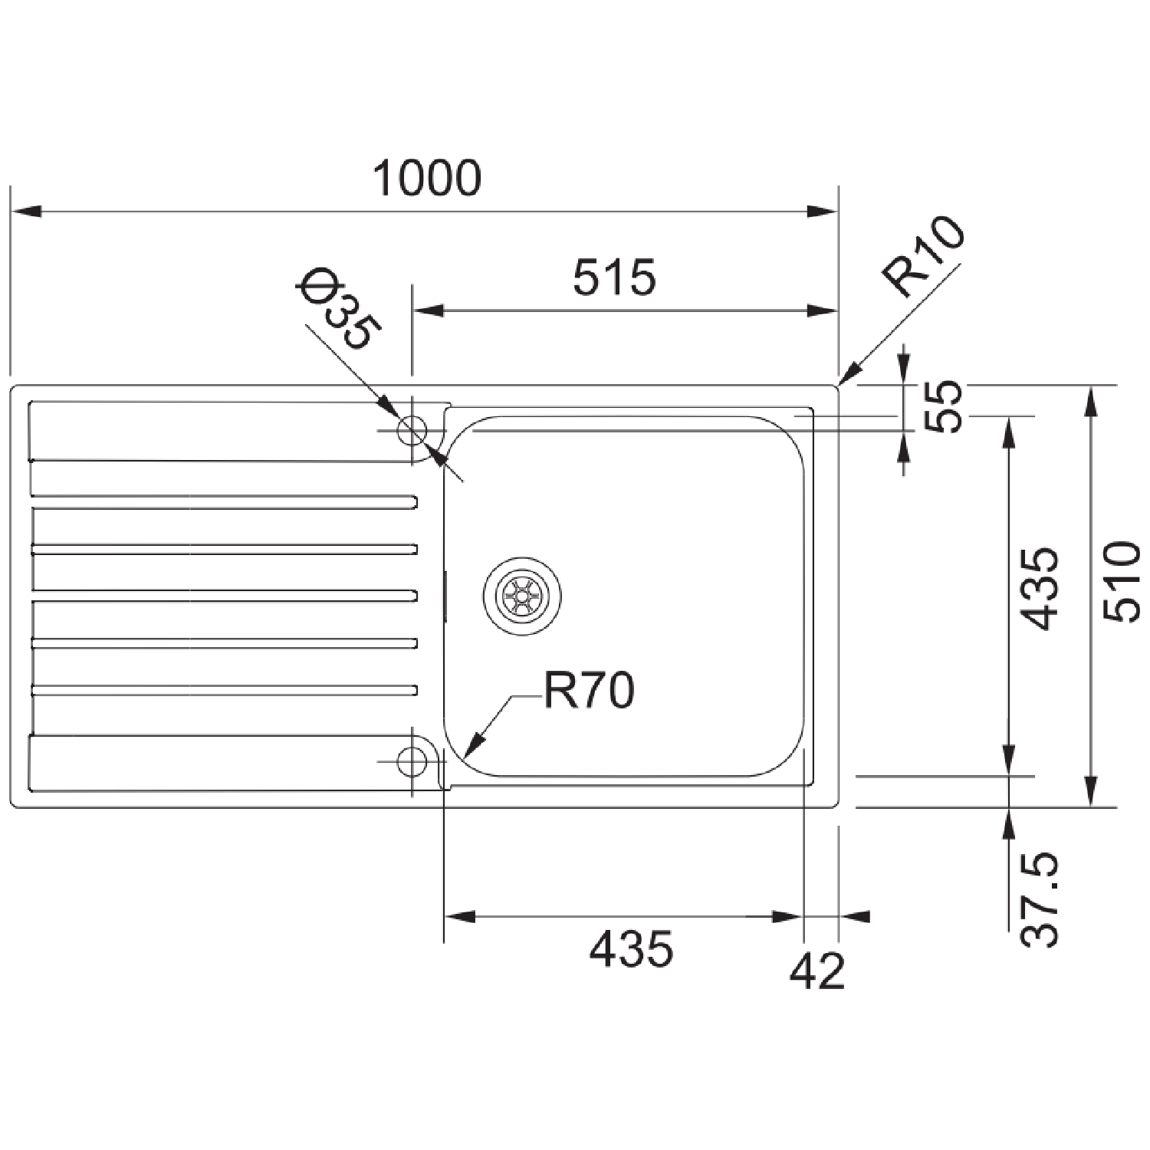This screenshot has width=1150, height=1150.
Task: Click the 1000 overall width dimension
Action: [x=426, y=178]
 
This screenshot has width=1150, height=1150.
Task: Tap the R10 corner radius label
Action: [x=922, y=258]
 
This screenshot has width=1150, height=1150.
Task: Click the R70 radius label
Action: [x=589, y=691]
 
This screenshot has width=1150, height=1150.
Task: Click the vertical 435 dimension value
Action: [x=1041, y=589]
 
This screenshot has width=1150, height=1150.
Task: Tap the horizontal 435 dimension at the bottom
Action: [x=631, y=948]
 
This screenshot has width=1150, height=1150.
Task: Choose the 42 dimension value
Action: [x=817, y=971]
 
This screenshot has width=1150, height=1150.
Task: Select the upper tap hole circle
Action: [x=412, y=430]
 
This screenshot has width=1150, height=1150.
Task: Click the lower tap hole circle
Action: [x=412, y=761]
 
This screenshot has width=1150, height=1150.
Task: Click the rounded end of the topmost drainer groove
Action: [x=414, y=502]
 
